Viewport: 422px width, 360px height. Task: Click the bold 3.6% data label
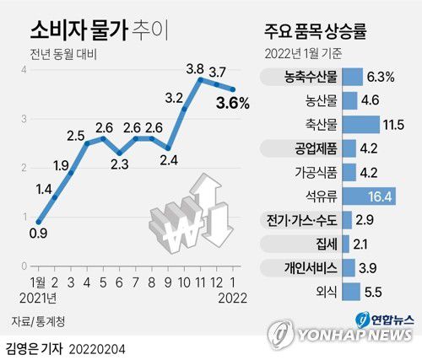tap(233, 104)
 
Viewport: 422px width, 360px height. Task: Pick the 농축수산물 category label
tap(311, 77)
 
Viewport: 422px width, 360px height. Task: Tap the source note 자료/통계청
tap(39, 321)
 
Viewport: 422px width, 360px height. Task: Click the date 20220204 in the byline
tap(105, 347)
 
